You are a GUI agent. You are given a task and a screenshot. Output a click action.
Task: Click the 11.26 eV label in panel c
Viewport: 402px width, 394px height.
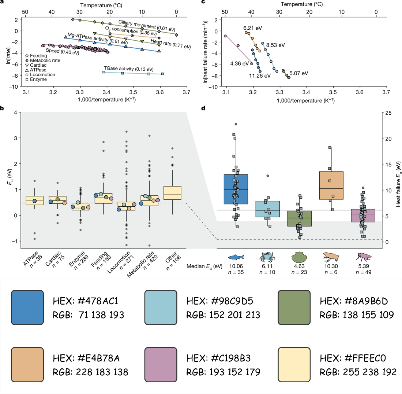260,76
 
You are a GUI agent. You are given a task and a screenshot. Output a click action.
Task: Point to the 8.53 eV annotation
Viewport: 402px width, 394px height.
275,45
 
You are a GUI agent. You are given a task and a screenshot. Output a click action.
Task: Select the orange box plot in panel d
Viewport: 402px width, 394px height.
331,185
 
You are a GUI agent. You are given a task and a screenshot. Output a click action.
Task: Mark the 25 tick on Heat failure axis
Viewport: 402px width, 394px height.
388,113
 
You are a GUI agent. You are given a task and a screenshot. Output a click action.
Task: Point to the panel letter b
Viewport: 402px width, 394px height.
3,108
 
